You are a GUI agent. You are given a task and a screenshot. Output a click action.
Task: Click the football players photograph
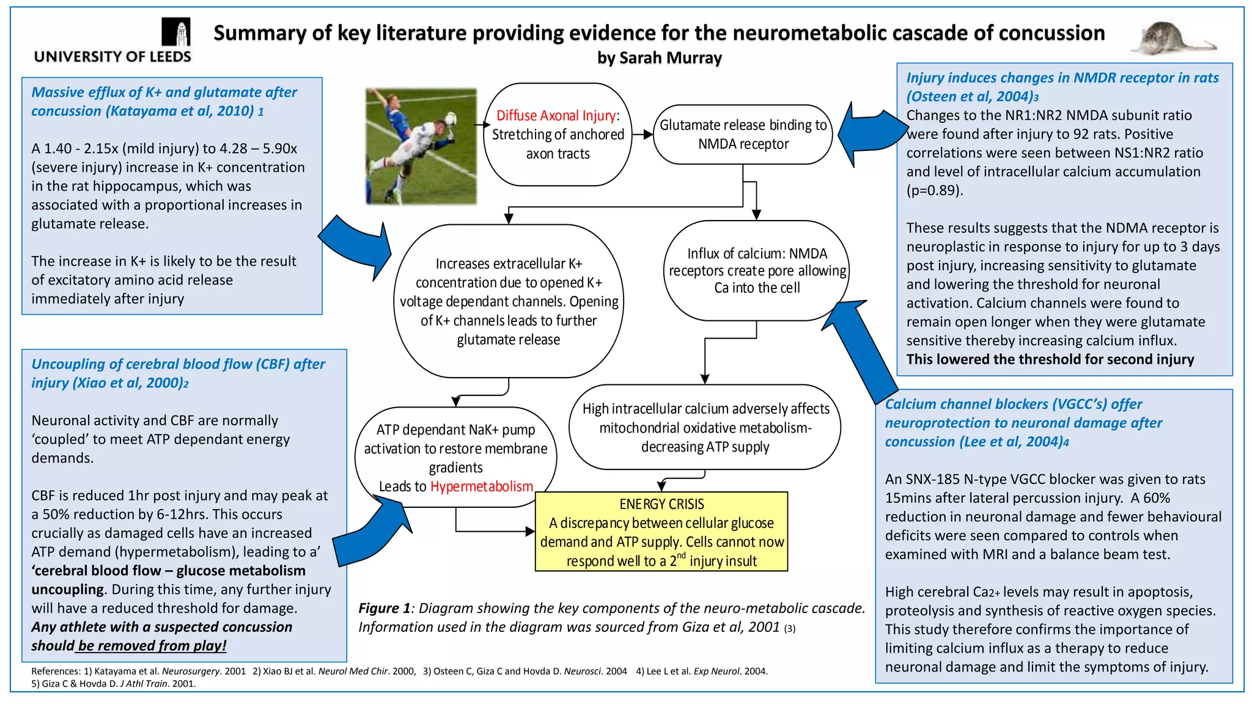click(x=421, y=145)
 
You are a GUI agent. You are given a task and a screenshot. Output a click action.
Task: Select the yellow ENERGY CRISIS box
click(x=661, y=532)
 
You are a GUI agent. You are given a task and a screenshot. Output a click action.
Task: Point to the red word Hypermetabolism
click(x=482, y=486)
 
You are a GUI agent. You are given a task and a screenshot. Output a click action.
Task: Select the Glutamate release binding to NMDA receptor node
click(x=743, y=134)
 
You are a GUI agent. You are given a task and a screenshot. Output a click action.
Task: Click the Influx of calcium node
click(x=757, y=270)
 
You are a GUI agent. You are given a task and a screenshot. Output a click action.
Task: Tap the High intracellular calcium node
click(x=705, y=427)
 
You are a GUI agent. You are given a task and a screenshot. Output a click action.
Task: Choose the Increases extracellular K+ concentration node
click(x=508, y=301)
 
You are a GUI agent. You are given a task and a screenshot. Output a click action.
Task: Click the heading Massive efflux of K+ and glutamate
click(x=163, y=101)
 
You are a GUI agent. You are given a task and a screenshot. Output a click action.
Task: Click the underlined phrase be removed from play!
click(x=152, y=646)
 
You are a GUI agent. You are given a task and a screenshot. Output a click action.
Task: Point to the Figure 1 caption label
click(x=384, y=608)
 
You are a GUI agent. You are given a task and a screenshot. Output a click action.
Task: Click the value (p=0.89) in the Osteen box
click(x=934, y=191)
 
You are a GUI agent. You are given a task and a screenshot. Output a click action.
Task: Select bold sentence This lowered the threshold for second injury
click(x=1050, y=359)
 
